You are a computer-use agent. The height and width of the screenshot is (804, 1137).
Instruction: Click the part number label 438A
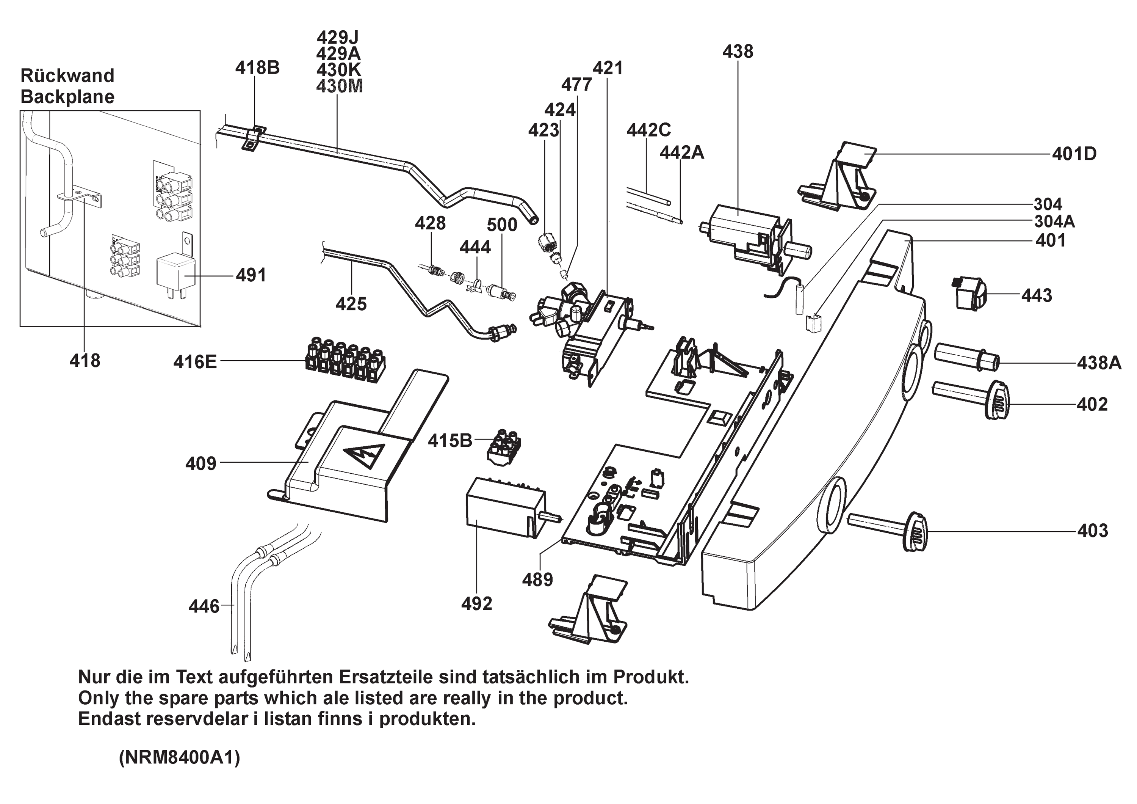(1098, 363)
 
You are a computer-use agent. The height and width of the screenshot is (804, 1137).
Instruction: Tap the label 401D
(1074, 154)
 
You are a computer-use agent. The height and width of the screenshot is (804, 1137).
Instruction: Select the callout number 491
(251, 275)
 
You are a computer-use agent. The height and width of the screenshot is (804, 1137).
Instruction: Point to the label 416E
(195, 362)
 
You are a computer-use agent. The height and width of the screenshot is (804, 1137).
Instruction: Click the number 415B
(449, 440)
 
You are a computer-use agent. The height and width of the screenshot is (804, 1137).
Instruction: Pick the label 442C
(648, 130)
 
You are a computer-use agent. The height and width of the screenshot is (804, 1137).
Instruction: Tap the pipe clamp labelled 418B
(254, 138)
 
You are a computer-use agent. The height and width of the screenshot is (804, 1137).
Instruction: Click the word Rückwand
(67, 76)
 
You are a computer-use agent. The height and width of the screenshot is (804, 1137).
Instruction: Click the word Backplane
(67, 97)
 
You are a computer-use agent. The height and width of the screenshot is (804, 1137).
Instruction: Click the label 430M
(339, 86)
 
